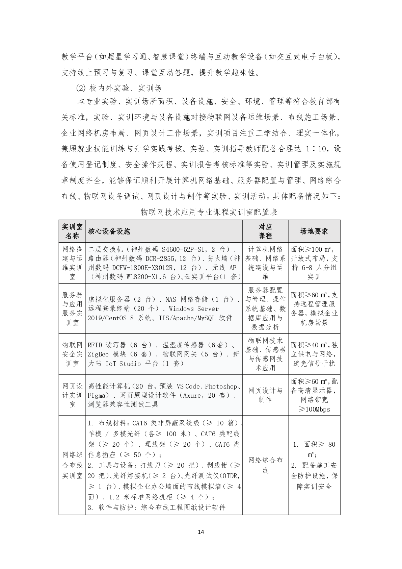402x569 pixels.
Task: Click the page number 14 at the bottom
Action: (x=201, y=532)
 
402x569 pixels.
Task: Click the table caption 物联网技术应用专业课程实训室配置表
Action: (x=209, y=212)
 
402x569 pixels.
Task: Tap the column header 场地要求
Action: (x=314, y=231)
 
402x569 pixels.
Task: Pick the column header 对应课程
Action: (x=265, y=231)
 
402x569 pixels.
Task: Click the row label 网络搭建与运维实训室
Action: (x=72, y=263)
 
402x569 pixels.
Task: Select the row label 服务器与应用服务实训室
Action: (x=72, y=309)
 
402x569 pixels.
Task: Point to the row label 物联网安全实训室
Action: (x=72, y=354)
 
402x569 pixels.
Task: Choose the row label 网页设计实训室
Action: (x=72, y=395)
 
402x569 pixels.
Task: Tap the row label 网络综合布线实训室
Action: (x=72, y=465)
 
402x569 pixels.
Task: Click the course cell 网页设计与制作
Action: (x=265, y=395)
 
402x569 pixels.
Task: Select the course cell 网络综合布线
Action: (x=265, y=465)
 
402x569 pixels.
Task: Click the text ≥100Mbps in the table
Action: (x=314, y=410)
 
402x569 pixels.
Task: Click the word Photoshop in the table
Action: (x=221, y=386)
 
